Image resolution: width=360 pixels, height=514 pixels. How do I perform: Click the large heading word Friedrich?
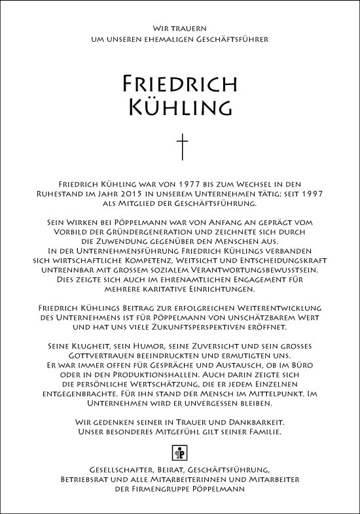pyautogui.click(x=179, y=84)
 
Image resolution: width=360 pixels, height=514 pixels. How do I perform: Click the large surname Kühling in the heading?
pyautogui.click(x=179, y=106)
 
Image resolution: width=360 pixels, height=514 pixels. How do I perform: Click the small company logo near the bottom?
pyautogui.click(x=180, y=452)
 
